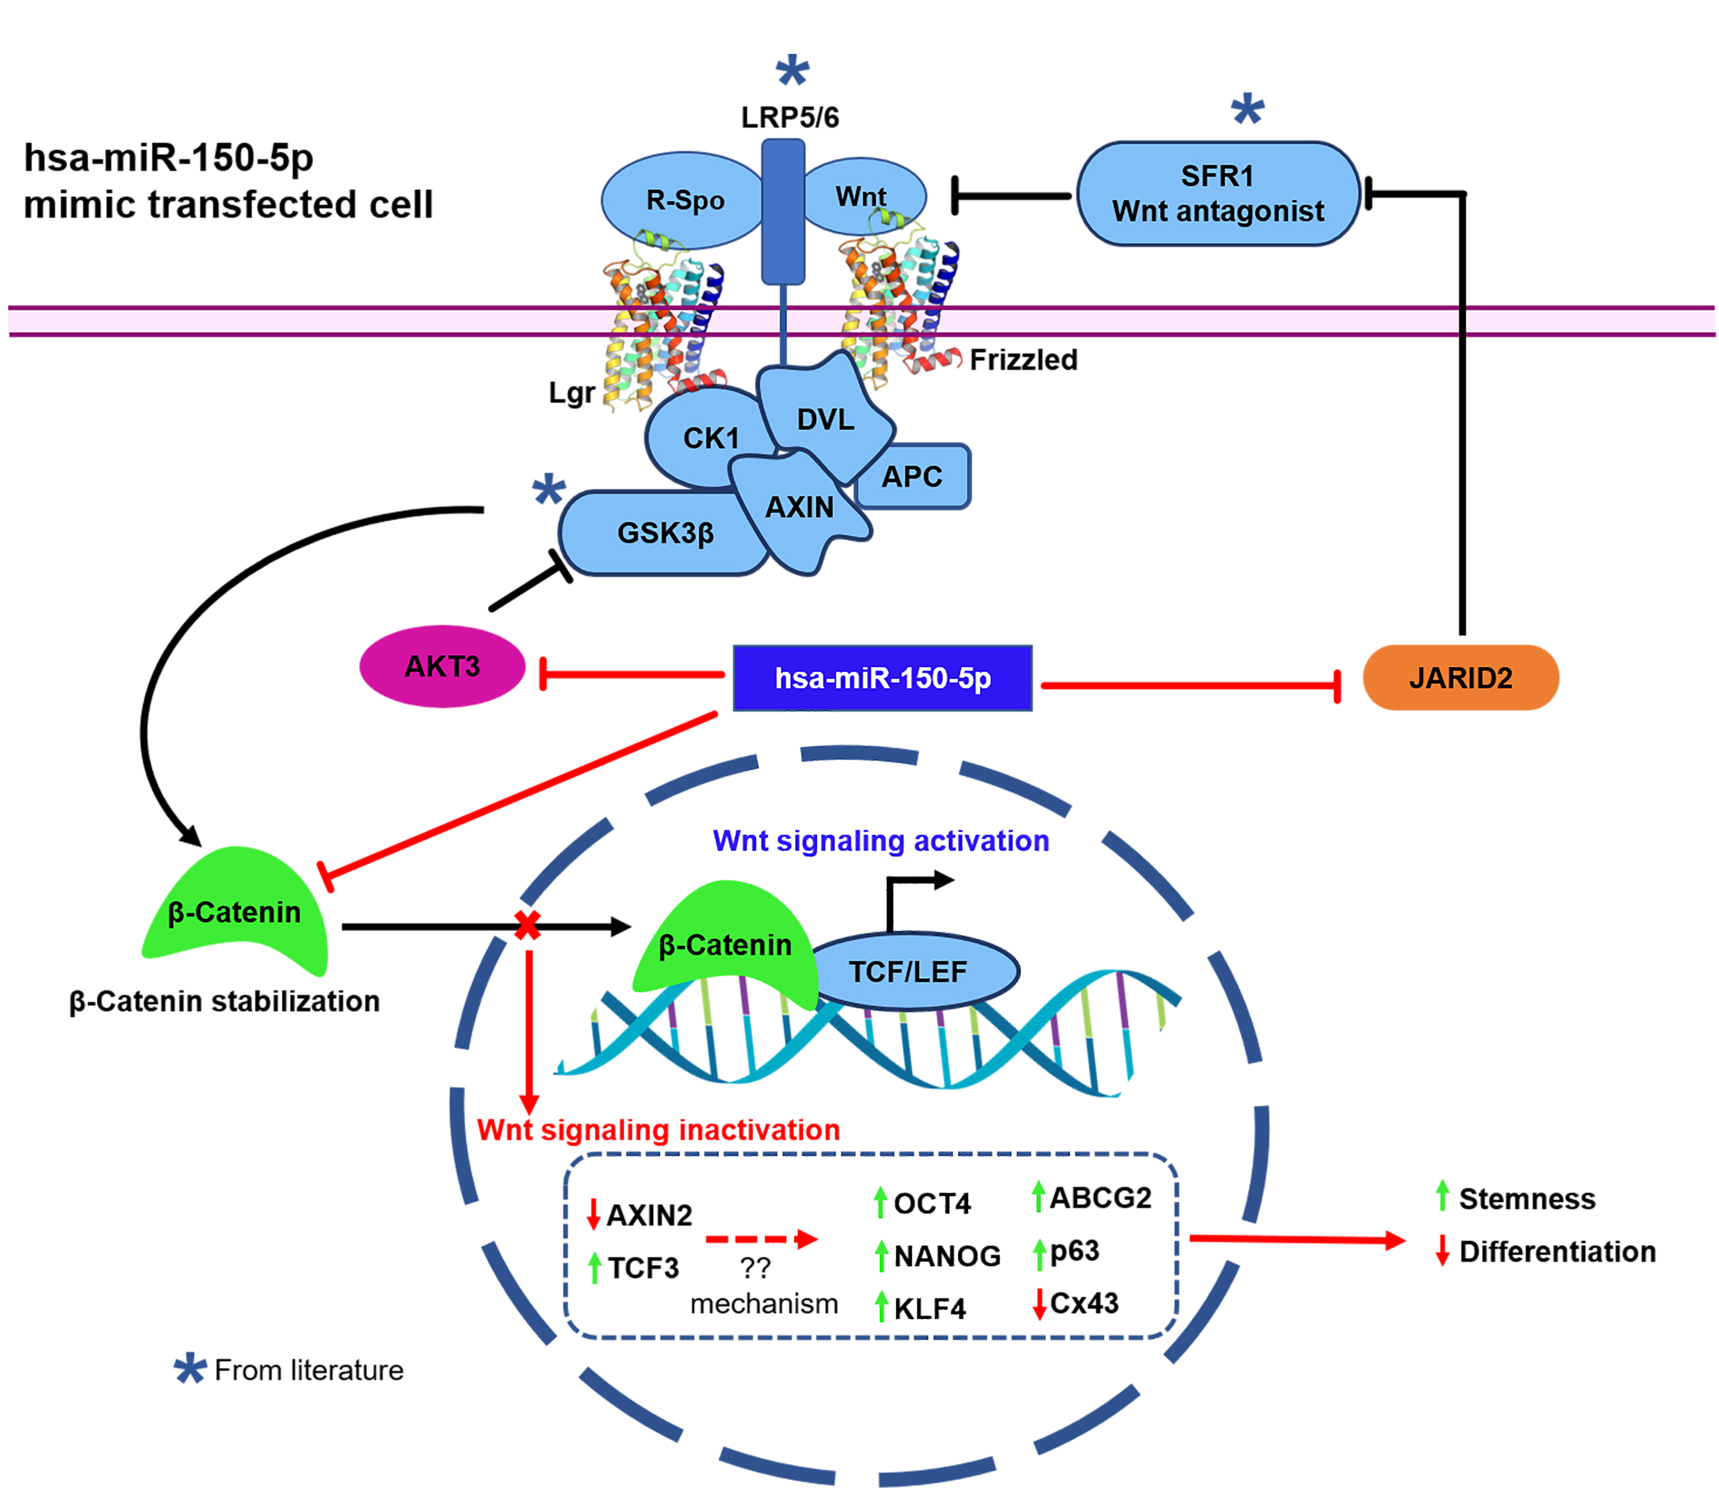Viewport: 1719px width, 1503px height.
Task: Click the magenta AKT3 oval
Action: point(442,667)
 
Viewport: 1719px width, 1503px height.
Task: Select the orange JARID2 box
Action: point(1460,678)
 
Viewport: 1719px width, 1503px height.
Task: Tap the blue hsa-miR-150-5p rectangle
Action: point(882,678)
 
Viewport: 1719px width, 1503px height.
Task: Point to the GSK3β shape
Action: point(663,533)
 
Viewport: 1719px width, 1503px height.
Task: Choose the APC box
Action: point(913,477)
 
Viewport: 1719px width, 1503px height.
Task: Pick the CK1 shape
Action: point(709,437)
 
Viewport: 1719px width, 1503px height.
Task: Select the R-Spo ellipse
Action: point(684,200)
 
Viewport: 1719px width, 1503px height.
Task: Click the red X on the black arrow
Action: point(528,925)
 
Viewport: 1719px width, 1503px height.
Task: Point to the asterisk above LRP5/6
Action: point(792,71)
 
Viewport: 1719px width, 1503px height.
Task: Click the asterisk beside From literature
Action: point(190,1369)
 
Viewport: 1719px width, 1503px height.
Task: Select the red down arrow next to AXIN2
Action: point(593,1214)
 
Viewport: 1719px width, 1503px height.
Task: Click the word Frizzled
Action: point(1023,360)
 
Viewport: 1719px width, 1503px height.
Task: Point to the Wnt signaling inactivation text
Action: point(659,1130)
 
